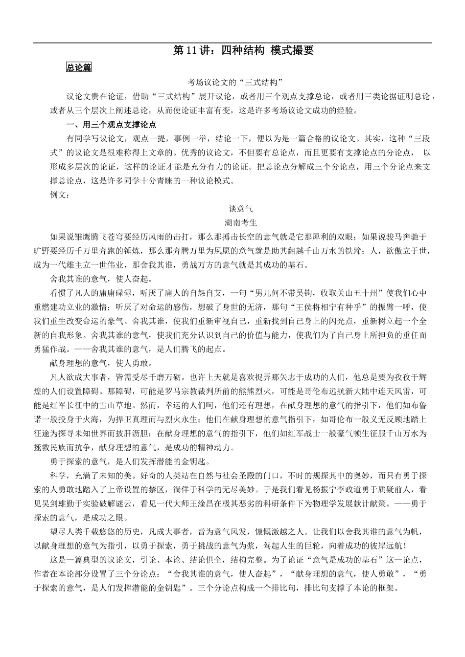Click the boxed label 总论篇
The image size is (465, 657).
(x=79, y=67)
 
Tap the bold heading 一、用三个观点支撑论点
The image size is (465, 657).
(x=112, y=124)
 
